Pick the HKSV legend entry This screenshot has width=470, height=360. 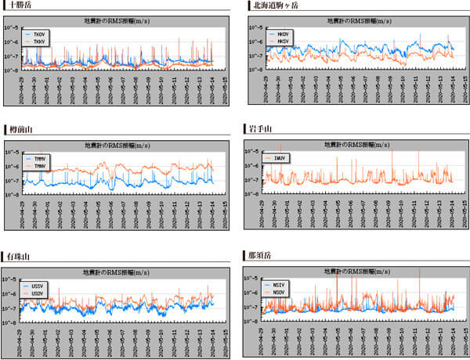coord(283,41)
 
